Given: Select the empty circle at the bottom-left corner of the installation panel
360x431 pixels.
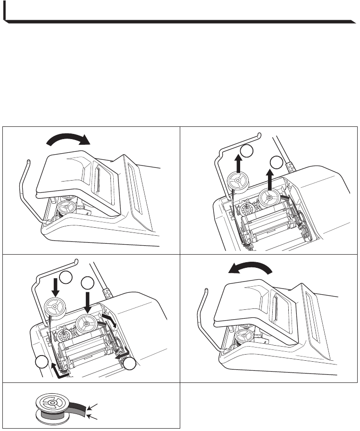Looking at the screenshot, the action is coord(41,364).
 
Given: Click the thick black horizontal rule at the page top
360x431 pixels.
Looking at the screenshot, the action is coord(179,21).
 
